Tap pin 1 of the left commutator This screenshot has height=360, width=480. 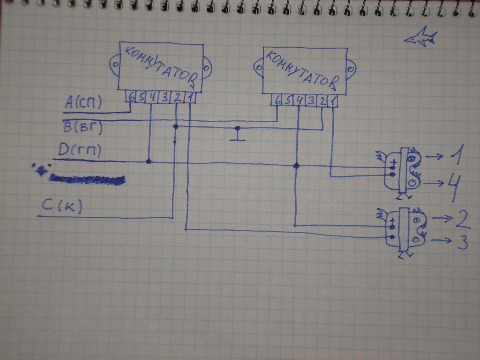(190, 98)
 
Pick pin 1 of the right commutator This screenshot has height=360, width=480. (334, 101)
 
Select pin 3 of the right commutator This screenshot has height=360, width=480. (311, 101)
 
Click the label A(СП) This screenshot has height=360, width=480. (83, 103)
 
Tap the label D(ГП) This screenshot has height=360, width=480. (79, 151)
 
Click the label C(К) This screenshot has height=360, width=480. (64, 207)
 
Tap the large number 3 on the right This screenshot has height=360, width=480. (461, 243)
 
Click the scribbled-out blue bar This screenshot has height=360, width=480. (87, 180)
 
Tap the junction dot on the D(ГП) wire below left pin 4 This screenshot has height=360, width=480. (149, 162)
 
